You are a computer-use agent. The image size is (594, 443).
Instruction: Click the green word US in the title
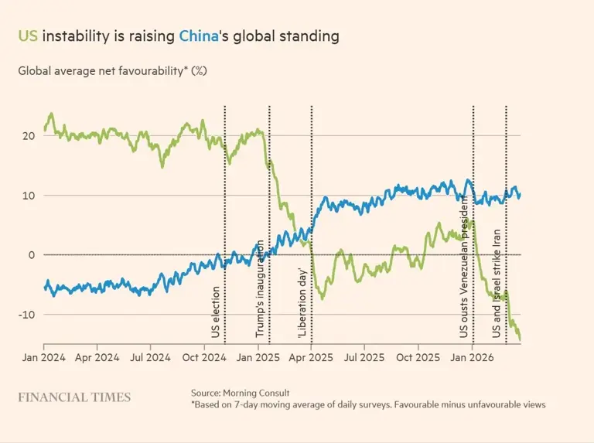point(28,36)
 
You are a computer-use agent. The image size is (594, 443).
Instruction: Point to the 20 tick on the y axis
point(28,136)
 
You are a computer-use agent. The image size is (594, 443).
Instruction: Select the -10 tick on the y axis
point(26,315)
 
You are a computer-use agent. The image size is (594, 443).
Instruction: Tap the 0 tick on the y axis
point(31,255)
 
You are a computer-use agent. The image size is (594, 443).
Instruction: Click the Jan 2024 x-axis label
point(44,359)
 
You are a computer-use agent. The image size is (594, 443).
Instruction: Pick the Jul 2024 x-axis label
point(149,359)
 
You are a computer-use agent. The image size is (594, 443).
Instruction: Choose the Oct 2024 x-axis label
point(203,359)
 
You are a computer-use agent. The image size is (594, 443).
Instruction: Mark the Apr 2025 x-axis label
point(310,359)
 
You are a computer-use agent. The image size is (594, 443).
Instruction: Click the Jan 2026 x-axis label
point(472,359)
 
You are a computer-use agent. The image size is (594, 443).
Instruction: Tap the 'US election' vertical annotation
point(216,312)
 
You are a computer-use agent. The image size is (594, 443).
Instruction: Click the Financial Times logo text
point(74,397)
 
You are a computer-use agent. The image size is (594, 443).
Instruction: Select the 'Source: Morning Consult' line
point(244,393)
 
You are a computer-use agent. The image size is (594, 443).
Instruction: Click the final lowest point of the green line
point(520,339)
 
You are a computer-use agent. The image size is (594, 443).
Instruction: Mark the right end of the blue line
point(520,194)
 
